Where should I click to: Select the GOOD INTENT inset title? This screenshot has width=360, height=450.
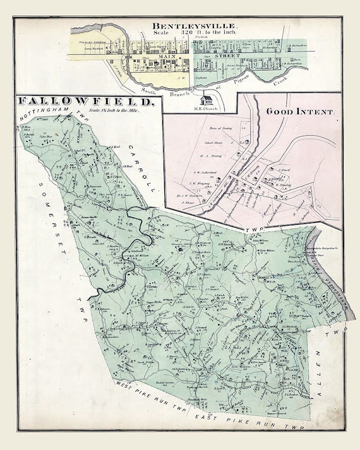[303, 111]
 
